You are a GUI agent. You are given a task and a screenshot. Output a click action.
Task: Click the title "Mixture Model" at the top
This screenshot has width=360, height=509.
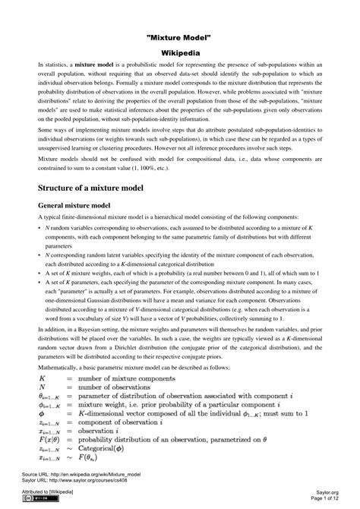[179, 37]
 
